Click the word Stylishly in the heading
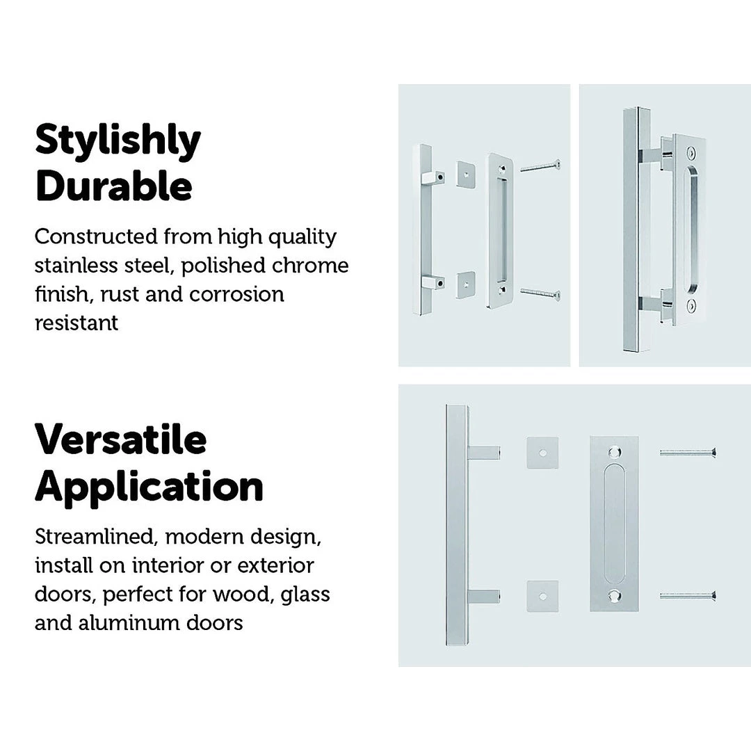[x=118, y=140]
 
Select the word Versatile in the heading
[x=121, y=439]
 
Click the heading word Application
[x=149, y=487]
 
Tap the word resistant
[x=76, y=323]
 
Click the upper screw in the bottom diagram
[x=688, y=452]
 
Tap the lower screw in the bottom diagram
[x=688, y=596]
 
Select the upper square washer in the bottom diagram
[x=542, y=453]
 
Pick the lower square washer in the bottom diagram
[x=542, y=597]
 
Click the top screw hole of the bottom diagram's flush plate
[x=614, y=452]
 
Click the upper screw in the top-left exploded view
[x=540, y=167]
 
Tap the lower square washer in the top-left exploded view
[x=465, y=284]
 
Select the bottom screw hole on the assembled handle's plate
[x=691, y=305]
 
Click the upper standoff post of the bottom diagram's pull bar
[x=483, y=453]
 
